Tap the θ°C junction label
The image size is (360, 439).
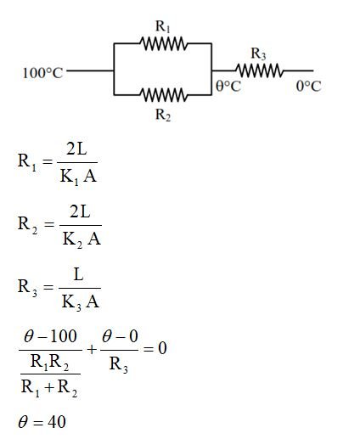(228, 87)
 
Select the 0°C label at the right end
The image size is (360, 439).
(308, 87)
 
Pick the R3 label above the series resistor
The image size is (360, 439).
(259, 55)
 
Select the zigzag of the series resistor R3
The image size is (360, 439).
(259, 71)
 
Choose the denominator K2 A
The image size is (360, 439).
(82, 239)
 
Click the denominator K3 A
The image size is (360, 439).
(81, 301)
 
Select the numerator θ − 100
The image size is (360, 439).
(50, 338)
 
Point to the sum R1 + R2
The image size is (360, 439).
(50, 390)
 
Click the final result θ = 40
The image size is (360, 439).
(42, 421)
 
